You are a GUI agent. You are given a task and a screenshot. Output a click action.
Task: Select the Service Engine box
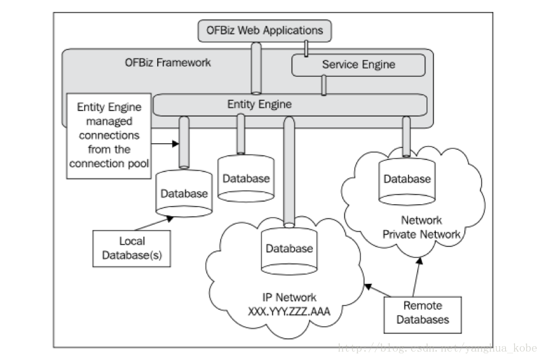[358, 65]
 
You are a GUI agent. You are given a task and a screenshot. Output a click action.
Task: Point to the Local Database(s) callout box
[132, 248]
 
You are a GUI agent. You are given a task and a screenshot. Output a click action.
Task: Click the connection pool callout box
[108, 135]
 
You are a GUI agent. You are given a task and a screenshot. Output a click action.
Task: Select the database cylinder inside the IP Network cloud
[290, 249]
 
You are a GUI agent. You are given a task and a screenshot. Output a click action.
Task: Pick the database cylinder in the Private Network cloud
[407, 179]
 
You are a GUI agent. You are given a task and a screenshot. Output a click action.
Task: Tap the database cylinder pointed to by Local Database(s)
[184, 193]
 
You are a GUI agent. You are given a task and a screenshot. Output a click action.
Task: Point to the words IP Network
[289, 297]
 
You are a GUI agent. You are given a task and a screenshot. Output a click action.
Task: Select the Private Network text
[421, 234]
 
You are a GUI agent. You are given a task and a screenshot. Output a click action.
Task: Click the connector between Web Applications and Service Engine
[307, 47]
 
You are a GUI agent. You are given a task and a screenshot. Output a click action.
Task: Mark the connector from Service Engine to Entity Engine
[324, 85]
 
